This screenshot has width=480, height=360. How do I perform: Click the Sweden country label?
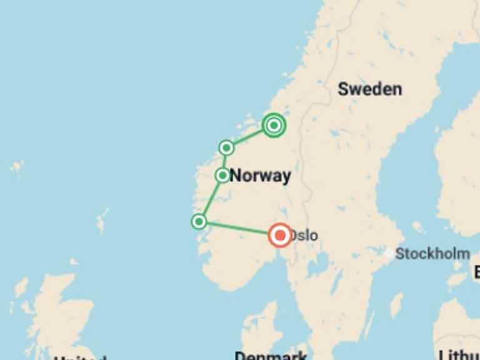[369, 89]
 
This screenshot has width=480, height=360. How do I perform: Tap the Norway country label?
[260, 176]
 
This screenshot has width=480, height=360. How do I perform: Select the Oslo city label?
[304, 236]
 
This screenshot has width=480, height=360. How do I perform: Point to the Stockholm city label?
[432, 254]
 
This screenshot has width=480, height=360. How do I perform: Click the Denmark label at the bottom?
[271, 355]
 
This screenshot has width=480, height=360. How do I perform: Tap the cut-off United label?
[79, 357]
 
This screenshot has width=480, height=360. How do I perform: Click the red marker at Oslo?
[279, 235]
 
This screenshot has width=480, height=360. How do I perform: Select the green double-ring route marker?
[273, 126]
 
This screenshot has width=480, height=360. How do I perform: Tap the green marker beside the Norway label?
[222, 176]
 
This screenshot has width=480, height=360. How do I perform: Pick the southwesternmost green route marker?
[199, 221]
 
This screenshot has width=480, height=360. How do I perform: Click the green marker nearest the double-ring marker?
[226, 147]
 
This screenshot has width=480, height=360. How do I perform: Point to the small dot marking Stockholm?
[389, 254]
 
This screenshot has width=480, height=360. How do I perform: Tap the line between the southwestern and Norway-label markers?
[211, 199]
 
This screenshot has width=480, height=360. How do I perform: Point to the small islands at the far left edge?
[17, 167]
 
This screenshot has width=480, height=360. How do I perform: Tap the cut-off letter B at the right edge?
[476, 272]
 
